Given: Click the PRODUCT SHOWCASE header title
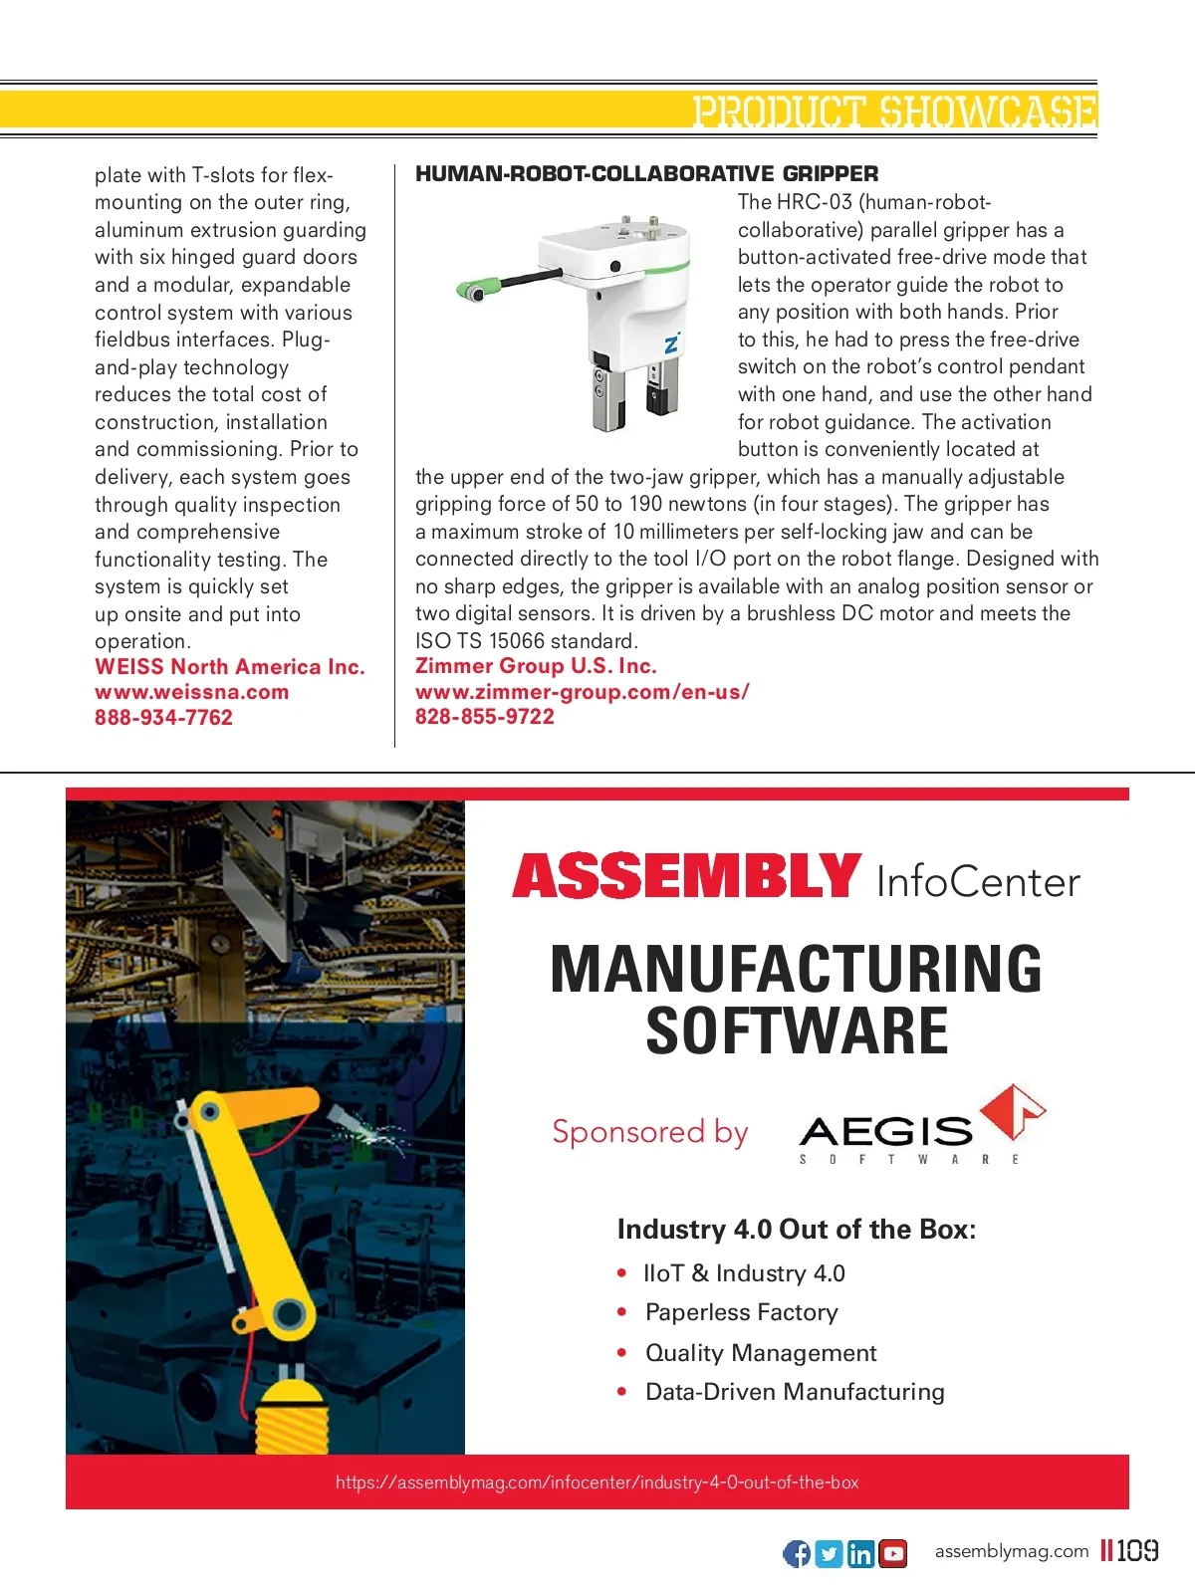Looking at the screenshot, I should [894, 111].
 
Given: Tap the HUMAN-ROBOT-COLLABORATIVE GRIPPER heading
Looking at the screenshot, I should [646, 173].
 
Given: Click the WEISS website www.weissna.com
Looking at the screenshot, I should [191, 692].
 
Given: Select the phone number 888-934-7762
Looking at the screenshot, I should [163, 718].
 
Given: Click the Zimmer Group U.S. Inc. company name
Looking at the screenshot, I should [536, 666].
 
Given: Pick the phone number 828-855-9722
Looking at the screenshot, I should [484, 717].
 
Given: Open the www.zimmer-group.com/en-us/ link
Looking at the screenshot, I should [582, 692].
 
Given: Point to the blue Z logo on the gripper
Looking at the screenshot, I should [672, 343].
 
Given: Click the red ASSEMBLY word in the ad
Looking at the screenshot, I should [686, 876].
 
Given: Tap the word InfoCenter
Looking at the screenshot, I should [977, 882].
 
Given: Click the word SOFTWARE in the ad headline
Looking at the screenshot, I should [797, 1031].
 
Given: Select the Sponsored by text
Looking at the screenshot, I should [649, 1132].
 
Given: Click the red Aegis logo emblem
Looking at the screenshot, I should [1012, 1110].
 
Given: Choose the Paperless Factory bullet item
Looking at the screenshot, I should [741, 1312].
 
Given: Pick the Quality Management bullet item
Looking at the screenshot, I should [761, 1353].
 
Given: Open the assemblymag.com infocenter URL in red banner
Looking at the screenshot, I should [597, 1482].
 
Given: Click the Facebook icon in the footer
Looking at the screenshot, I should [797, 1553].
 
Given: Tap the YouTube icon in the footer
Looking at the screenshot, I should [893, 1553].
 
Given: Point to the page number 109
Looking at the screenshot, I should [1137, 1550].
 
